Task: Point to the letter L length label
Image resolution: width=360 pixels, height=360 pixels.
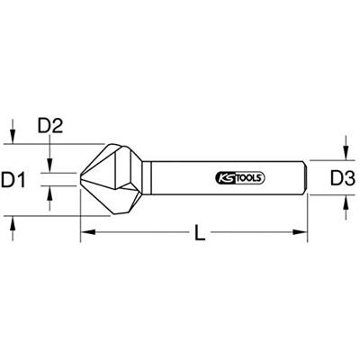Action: coord(201,236)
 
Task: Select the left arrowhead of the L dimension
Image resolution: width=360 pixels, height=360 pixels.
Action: coord(85,233)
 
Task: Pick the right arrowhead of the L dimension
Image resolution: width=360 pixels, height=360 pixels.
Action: coord(303,233)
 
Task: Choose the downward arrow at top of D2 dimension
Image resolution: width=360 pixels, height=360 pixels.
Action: coord(13,134)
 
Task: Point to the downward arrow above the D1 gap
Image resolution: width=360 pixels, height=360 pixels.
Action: coord(50,163)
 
